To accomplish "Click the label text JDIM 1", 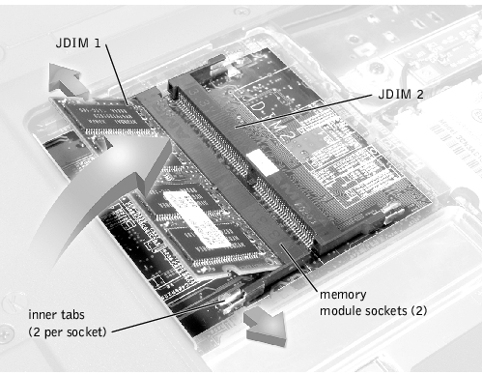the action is click(78, 43).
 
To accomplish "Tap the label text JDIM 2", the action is click(401, 94).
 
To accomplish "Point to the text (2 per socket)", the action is click(68, 331).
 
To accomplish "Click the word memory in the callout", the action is click(343, 295).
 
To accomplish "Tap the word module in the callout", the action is click(341, 311).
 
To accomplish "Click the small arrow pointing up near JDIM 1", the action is click(67, 80).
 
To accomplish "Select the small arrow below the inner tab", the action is click(265, 328).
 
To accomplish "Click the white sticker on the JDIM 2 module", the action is click(263, 161).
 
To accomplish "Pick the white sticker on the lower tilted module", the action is click(197, 217).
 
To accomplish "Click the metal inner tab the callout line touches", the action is click(235, 301).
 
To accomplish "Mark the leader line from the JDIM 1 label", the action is click(117, 74).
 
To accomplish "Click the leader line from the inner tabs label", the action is click(168, 317).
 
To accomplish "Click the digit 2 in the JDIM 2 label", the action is click(419, 94).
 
